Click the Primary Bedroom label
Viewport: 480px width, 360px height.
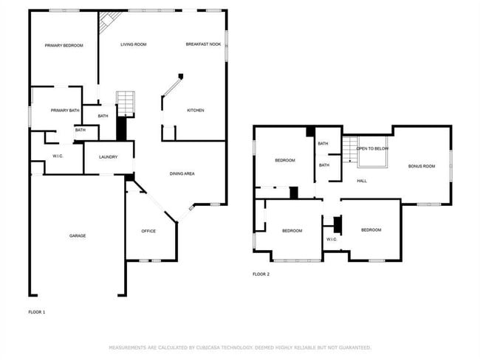pyautogui.click(x=64, y=46)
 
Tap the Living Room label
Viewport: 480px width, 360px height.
pyautogui.click(x=134, y=45)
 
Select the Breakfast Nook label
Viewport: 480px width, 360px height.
pyautogui.click(x=203, y=45)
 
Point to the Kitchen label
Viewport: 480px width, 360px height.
pyautogui.click(x=195, y=111)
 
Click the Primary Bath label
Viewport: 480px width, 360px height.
pyautogui.click(x=65, y=111)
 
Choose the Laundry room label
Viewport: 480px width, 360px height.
pyautogui.click(x=109, y=156)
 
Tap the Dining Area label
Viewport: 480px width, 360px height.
pyautogui.click(x=182, y=173)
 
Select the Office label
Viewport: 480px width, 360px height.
pyautogui.click(x=148, y=232)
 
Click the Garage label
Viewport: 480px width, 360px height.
pyautogui.click(x=78, y=236)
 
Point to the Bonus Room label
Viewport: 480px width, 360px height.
pyautogui.click(x=422, y=166)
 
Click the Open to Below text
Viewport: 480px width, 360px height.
pyautogui.click(x=373, y=149)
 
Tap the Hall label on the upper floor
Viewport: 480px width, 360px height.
pyautogui.click(x=362, y=181)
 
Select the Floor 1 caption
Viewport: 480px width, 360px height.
pyautogui.click(x=37, y=313)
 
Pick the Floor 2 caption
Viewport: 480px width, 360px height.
pyautogui.click(x=261, y=274)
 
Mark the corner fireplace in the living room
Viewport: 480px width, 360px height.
pyautogui.click(x=106, y=24)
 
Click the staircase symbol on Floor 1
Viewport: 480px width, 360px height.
pyautogui.click(x=126, y=103)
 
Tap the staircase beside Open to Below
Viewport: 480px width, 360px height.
pyautogui.click(x=349, y=150)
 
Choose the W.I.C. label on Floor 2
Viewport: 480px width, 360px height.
pyautogui.click(x=332, y=239)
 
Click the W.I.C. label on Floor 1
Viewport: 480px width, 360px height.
pyautogui.click(x=58, y=156)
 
